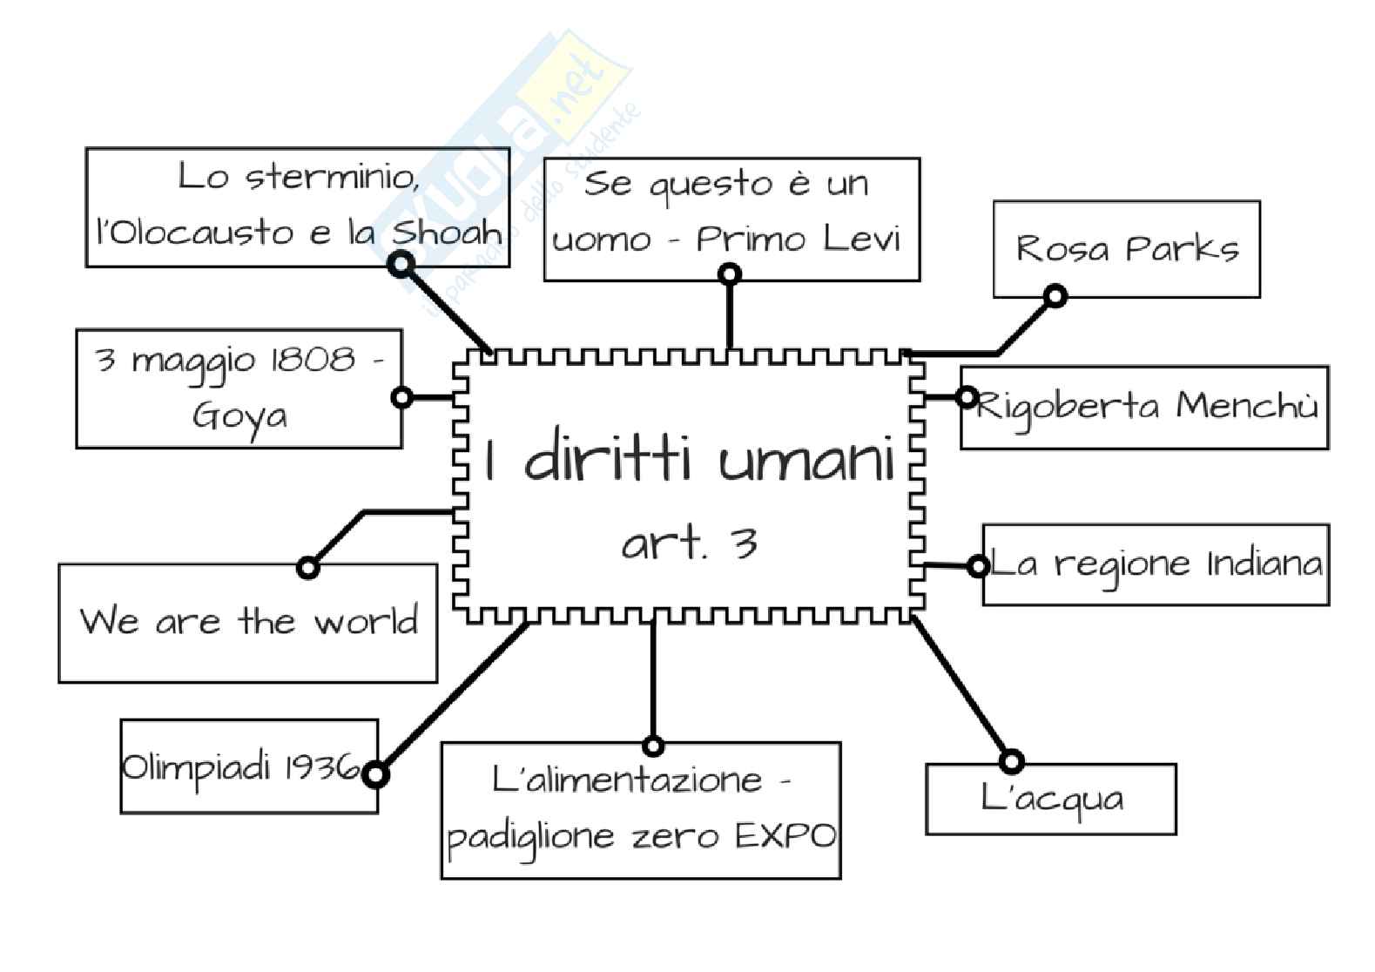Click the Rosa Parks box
pos(1126,249)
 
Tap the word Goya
pos(239,415)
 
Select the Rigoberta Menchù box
pos(1144,408)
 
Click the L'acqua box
pos(1051,800)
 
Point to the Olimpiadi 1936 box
pos(249,766)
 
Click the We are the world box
pos(247,623)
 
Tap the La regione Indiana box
pos(1156,564)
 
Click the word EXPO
pos(785,836)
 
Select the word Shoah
pos(448,233)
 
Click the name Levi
pos(861,239)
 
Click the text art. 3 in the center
pos(689,544)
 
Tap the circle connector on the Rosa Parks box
pos(1055,296)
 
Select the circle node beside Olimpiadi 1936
pos(375,773)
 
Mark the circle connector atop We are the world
pos(307,568)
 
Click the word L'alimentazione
pos(627,779)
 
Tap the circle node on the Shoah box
pos(401,263)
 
